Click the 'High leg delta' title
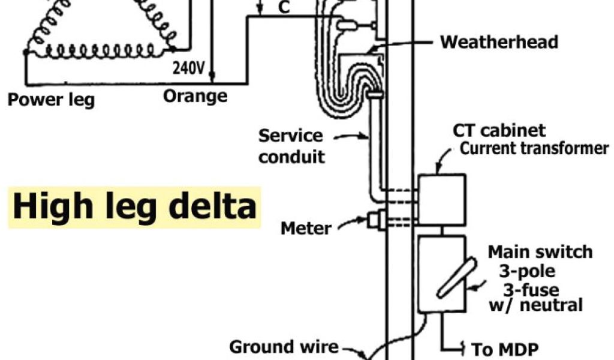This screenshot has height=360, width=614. tap(134, 206)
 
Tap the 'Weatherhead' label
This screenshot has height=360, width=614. tap(499, 42)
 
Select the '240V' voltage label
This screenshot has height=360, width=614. tap(188, 68)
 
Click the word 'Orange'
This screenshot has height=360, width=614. tap(195, 96)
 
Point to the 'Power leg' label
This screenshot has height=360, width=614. tap(51, 99)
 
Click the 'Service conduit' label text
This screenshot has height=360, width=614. tap(291, 146)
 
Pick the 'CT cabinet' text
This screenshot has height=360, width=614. tap(499, 130)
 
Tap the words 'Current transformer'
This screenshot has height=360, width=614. tap(534, 149)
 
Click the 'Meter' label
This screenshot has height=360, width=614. tap(305, 228)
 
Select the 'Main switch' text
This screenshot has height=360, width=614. tap(540, 251)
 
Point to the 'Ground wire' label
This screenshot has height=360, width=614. tap(284, 347)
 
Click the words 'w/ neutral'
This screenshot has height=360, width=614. tap(543, 305)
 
